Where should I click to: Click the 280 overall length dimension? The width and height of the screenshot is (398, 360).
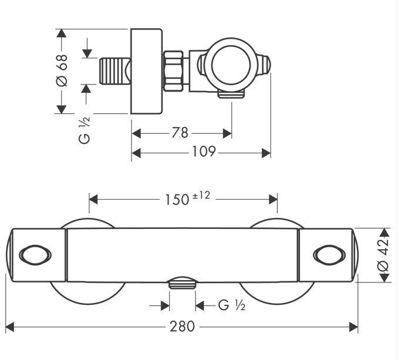[182, 327]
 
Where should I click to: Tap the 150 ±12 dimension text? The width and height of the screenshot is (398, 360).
[188, 198]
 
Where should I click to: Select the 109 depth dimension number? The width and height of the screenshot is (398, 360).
[204, 152]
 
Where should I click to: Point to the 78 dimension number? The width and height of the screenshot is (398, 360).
[180, 133]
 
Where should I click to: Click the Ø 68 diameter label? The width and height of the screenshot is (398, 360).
[62, 70]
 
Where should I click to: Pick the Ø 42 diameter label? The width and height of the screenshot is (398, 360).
[383, 254]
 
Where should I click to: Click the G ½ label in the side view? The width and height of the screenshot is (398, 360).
[85, 130]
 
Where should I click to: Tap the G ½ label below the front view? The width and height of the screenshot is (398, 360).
[232, 305]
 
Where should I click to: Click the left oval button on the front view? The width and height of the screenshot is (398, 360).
[35, 255]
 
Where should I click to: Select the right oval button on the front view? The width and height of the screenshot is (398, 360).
[329, 255]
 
